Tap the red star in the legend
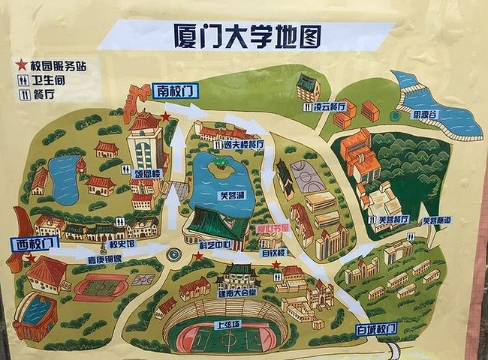22,65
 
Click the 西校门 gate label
34,243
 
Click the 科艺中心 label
212,244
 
